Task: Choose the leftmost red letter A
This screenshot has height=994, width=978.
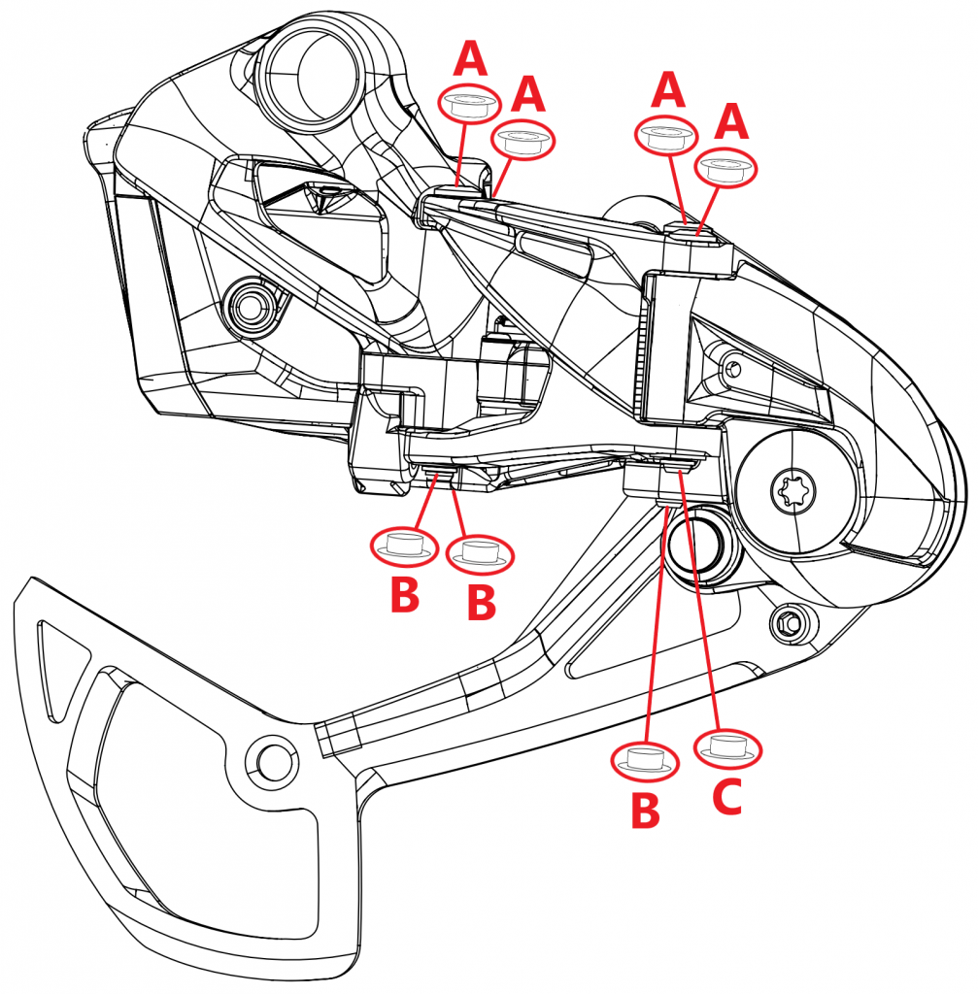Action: tap(472, 60)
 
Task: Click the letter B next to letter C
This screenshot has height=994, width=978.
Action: tap(644, 810)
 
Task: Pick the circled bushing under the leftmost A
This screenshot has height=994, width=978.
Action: tap(470, 104)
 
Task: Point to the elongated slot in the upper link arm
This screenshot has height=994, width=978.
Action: tap(557, 253)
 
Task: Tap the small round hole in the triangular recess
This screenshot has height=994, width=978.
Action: tap(733, 367)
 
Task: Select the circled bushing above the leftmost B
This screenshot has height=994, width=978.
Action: tap(404, 547)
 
